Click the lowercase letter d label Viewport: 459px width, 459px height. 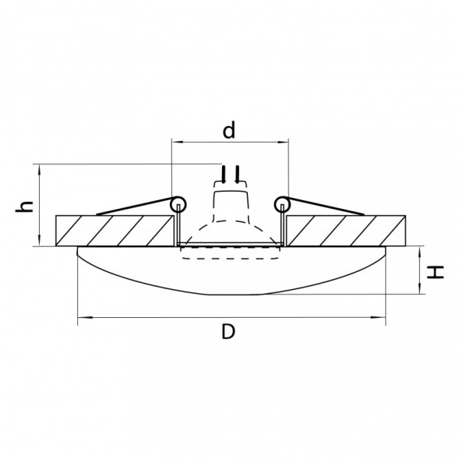228,131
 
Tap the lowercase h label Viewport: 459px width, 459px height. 26,206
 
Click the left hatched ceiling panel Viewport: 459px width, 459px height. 114,231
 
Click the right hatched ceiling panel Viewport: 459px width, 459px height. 345,231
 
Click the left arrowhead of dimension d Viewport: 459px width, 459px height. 175,143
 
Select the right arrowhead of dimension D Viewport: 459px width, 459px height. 383,318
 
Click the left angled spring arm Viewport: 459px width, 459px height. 132,208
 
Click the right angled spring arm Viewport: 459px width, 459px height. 323,208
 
